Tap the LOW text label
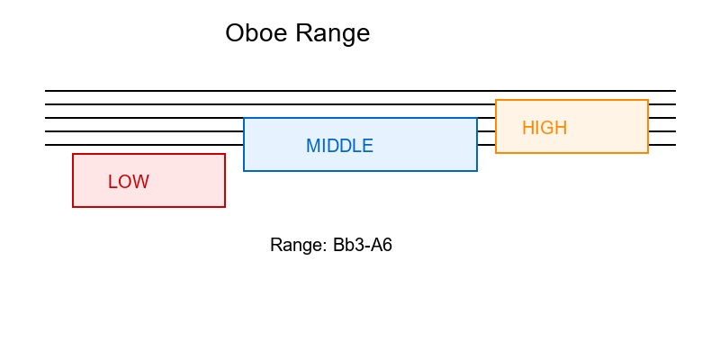click(128, 182)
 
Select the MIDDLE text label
click(339, 146)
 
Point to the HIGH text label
click(544, 128)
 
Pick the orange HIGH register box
click(603, 139)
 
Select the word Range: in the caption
click(298, 245)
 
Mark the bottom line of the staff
click(144, 145)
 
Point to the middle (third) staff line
click(144, 118)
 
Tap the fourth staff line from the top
click(144, 131)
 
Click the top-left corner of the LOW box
click(73, 154)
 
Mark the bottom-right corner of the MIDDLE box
click(477, 171)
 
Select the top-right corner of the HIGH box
click(648, 100)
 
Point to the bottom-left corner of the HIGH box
click(496, 153)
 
